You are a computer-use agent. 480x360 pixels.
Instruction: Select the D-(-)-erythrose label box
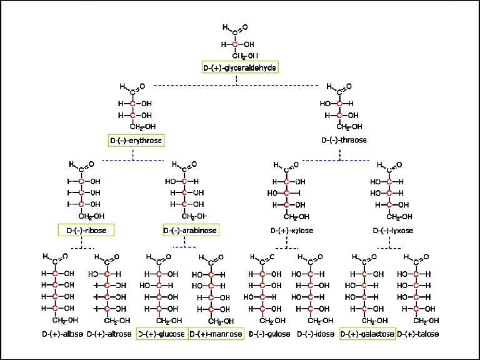tap(136, 141)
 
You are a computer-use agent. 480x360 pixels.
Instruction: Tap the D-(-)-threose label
tap(344, 140)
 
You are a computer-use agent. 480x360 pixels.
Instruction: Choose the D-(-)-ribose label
tap(86, 231)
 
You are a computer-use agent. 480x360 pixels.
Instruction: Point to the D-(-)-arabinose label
tap(191, 231)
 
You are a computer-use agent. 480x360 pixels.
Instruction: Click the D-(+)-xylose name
tap(291, 231)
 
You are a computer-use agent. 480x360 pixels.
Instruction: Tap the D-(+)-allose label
tap(61, 334)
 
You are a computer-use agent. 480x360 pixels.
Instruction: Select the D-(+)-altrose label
tap(109, 334)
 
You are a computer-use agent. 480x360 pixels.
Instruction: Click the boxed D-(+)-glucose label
tap(161, 334)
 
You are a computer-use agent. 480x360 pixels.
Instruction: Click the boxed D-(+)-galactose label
tap(367, 334)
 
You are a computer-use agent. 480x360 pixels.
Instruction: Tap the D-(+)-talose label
tap(418, 334)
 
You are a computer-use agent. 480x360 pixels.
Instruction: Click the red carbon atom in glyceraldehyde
tap(235, 44)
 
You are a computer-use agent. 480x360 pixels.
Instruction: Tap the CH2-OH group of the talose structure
tap(422, 321)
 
